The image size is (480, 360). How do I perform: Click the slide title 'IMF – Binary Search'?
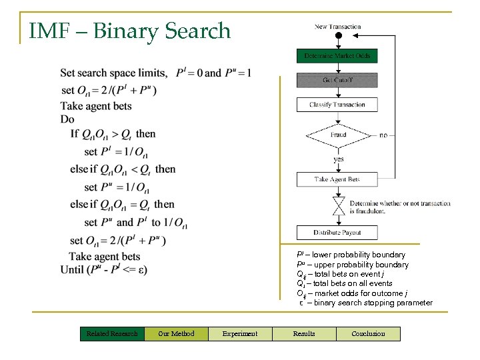130,31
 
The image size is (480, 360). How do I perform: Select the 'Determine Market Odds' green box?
337,56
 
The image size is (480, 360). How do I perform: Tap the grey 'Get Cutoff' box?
337,80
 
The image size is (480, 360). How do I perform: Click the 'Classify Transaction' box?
337,105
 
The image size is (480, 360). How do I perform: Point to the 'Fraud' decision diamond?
338,135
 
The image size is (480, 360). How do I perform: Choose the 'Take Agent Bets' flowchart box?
337,179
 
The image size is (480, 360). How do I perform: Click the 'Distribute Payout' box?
337,233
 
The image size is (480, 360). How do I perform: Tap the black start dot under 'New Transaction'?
338,36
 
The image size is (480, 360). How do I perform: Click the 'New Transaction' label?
337,27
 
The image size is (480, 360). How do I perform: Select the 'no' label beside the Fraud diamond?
383,135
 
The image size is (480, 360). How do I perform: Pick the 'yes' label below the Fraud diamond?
338,159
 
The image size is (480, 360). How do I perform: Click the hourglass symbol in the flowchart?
338,203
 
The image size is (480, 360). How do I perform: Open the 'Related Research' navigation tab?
112,333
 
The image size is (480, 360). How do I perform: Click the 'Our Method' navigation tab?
176,333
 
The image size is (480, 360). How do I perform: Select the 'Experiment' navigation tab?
240,333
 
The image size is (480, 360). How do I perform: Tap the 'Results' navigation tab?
304,333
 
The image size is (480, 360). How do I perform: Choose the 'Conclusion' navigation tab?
368,333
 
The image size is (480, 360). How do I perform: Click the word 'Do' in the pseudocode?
67,119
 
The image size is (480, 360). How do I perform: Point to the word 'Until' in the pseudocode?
71,269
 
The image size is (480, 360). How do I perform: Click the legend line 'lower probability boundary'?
351,255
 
